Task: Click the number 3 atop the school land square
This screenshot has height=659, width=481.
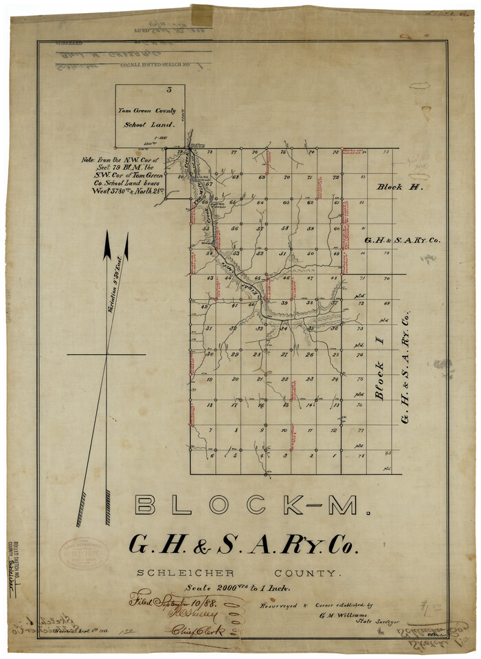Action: tap(169, 90)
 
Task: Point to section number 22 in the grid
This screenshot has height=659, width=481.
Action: tap(284, 379)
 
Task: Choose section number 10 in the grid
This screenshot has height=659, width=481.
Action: tap(284, 431)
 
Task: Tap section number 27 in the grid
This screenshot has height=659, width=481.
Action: tap(284, 354)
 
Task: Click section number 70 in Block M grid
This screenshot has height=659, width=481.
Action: tap(286, 178)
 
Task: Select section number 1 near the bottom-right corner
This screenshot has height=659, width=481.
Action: tap(334, 455)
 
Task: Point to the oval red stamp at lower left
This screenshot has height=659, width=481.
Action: tap(84, 552)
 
